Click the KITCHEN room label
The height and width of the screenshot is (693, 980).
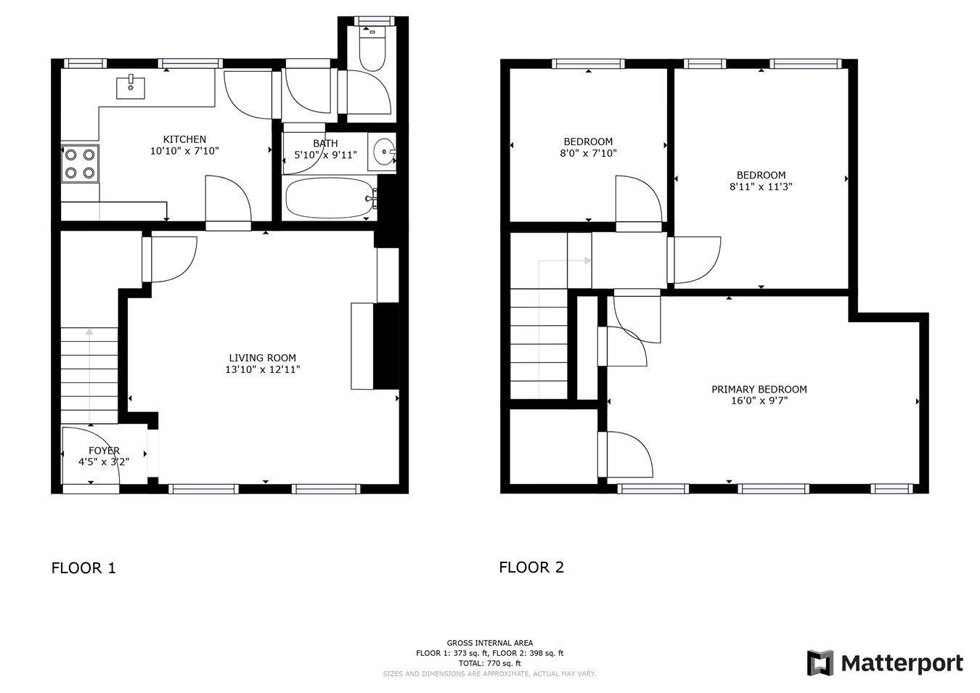point(184,139)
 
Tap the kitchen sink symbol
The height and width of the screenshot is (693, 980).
point(131,88)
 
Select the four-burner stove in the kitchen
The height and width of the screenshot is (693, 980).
point(80,163)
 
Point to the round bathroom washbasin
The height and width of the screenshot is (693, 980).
point(383,152)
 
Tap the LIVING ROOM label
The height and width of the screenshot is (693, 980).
point(262,358)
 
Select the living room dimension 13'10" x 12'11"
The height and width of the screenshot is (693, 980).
point(262,369)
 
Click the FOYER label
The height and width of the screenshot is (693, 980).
point(104,451)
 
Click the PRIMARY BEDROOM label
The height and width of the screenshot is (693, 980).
point(759,389)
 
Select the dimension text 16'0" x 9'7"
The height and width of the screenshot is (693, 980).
point(759,401)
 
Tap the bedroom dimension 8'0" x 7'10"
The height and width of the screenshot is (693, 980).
point(588,153)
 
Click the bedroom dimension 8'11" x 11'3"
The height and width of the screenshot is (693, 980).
point(761,186)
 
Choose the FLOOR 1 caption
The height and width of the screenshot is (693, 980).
point(83,568)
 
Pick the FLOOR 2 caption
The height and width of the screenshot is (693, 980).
point(531,567)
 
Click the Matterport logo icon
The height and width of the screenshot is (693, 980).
point(820,663)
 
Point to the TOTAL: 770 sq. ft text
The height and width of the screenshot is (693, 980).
point(489,663)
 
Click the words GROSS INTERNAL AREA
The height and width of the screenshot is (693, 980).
point(489,643)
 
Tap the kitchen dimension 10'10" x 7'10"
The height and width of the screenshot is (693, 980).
point(184,151)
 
